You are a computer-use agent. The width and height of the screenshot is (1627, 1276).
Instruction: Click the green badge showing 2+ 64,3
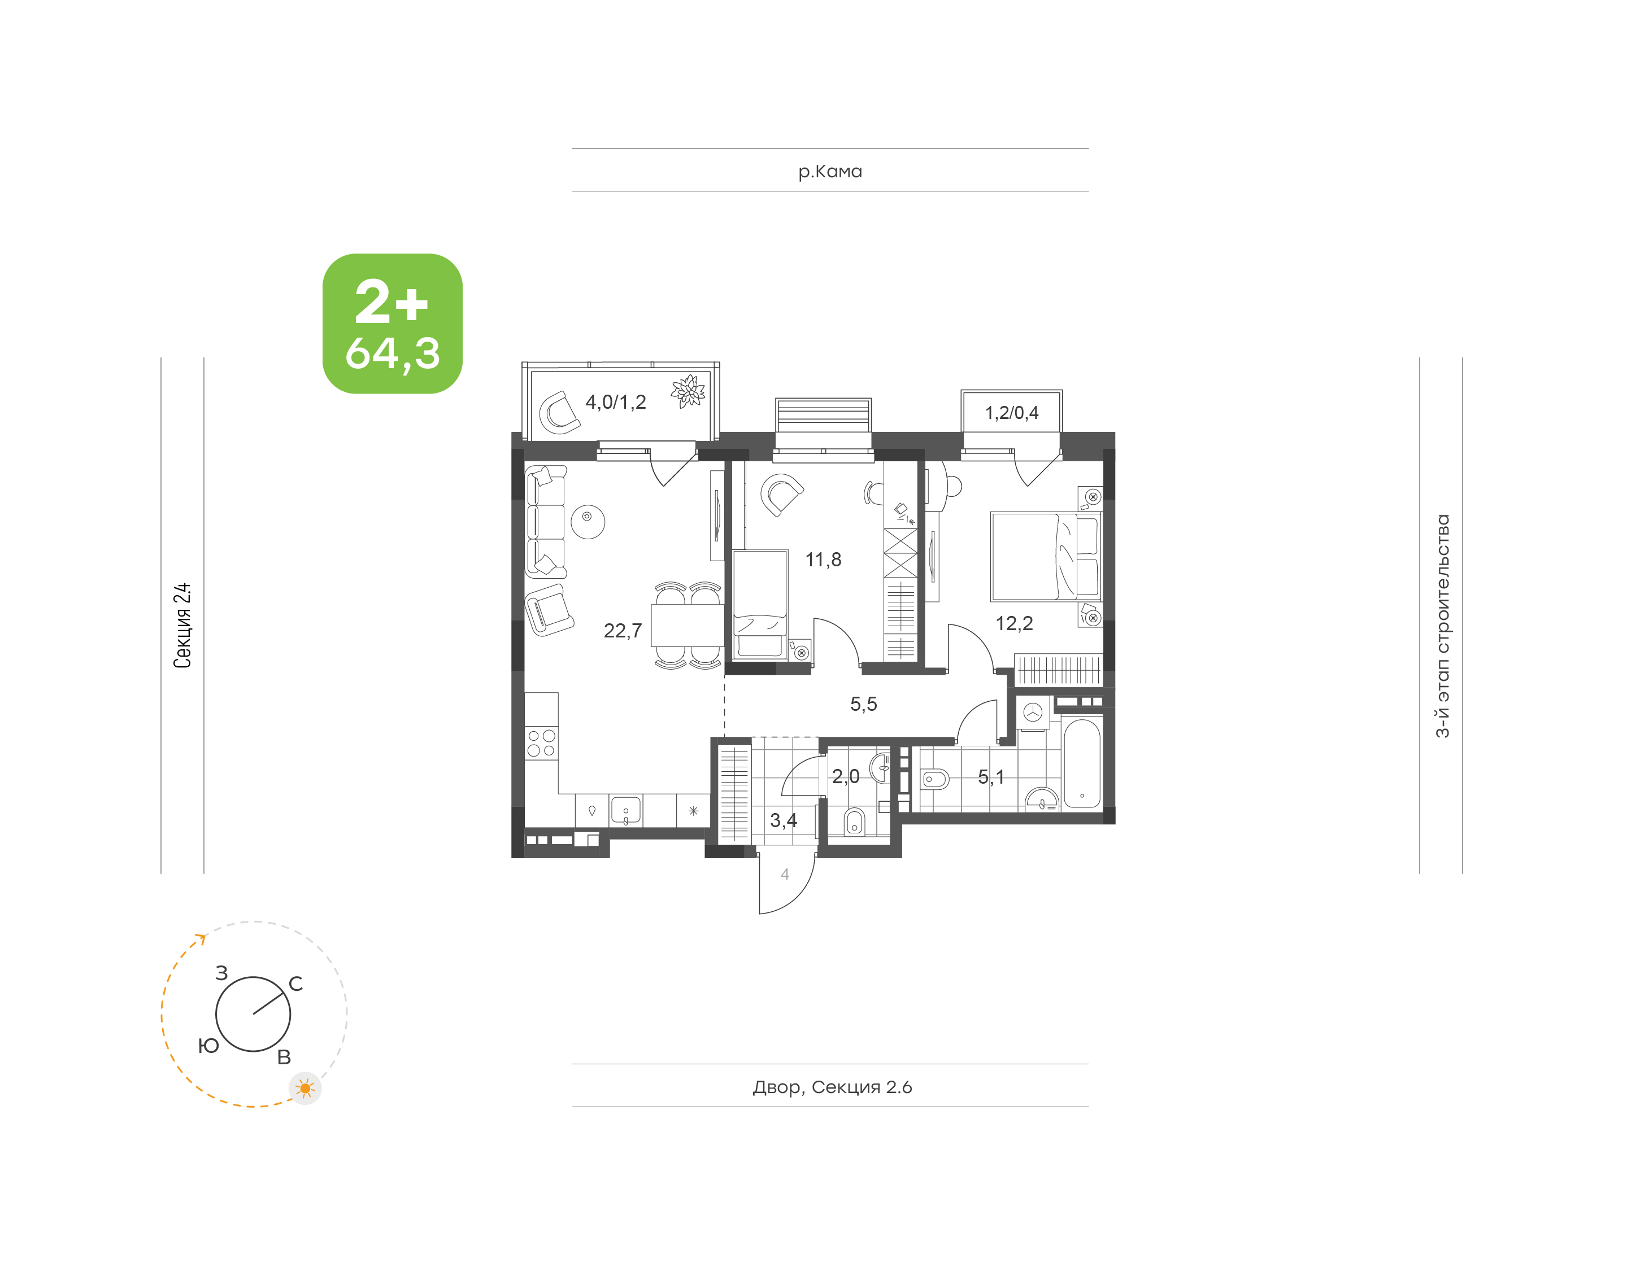[x=393, y=324]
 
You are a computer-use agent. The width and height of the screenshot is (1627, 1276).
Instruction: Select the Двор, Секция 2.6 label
[x=832, y=1087]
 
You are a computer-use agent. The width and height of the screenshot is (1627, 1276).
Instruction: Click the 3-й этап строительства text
[x=1442, y=626]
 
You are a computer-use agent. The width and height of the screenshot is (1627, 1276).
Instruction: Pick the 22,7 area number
[x=623, y=631]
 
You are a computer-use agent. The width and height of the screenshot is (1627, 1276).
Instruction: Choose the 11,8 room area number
[x=823, y=560]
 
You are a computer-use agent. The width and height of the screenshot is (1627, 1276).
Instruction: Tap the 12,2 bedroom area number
[x=1014, y=623]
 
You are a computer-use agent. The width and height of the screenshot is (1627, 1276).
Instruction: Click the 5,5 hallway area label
[x=863, y=703]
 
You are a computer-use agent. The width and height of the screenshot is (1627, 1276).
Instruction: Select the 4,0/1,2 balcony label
[x=615, y=402]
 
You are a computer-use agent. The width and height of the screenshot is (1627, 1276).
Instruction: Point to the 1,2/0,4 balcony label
[x=1011, y=412]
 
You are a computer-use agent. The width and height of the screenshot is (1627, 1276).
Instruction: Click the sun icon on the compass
[x=305, y=1089]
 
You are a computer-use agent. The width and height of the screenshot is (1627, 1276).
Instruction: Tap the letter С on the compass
[x=296, y=984]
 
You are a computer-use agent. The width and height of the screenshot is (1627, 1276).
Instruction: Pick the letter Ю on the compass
[x=208, y=1046]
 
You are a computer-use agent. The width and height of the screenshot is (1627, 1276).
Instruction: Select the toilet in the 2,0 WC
[x=854, y=822]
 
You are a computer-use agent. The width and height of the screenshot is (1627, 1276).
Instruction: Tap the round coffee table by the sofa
[x=588, y=521]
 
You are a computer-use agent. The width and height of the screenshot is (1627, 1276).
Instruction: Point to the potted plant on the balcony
[x=688, y=391]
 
